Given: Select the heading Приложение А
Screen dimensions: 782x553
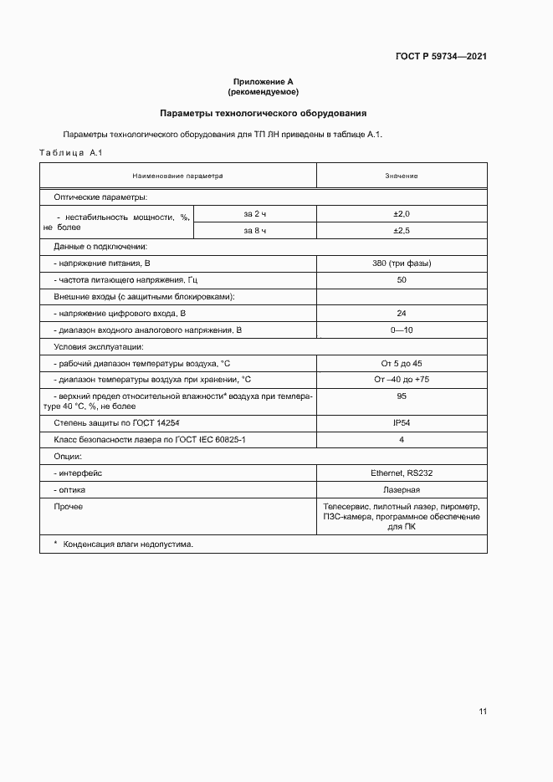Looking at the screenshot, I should coord(264,81).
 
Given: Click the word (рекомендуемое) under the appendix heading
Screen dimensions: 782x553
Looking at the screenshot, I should coord(264,91).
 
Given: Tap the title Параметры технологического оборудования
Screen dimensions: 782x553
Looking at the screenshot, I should coord(264,113).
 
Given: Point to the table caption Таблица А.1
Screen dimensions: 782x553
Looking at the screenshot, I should coord(70,152).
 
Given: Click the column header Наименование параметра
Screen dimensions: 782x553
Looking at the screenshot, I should coord(178,176).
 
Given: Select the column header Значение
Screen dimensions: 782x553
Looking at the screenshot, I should coord(402,176).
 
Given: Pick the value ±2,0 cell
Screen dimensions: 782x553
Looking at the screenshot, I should coord(402,214).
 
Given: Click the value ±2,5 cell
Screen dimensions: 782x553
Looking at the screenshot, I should coord(402,230).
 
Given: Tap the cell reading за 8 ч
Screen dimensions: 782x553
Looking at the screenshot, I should coord(255,230).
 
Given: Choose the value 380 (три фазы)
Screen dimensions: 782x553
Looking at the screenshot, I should coord(402,263).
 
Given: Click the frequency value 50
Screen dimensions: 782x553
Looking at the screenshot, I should coord(402,279).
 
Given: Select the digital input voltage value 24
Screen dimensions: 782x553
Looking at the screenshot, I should coord(402,313).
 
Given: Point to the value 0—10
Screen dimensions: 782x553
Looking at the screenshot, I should coord(402,330).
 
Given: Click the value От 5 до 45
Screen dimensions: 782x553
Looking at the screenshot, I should coord(402,363).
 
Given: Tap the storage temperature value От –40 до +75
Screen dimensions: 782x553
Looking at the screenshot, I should coord(402,379).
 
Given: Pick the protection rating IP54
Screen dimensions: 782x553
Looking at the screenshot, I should coord(402,423).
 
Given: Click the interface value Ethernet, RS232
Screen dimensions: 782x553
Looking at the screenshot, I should coord(402,473).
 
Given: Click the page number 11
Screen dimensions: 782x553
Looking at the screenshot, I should coord(483,712).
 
